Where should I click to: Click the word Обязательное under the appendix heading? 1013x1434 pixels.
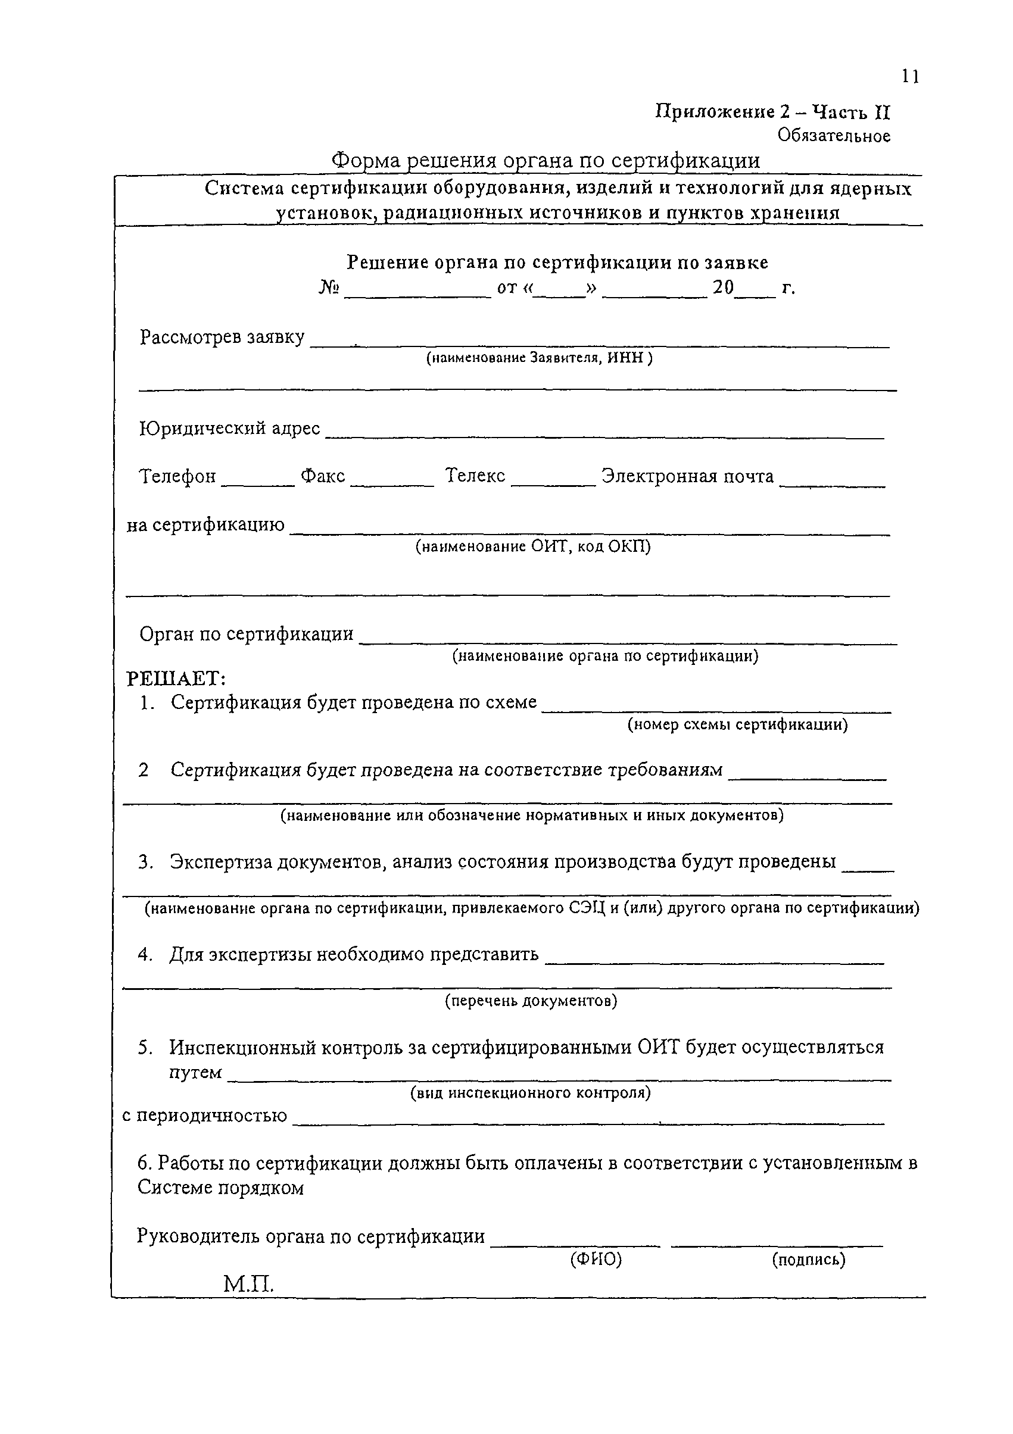[834, 136]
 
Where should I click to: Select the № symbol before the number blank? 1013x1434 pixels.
[329, 288]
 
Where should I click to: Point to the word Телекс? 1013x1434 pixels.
[475, 476]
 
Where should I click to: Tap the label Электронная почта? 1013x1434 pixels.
[687, 476]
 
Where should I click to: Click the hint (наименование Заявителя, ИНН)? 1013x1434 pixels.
[540, 358]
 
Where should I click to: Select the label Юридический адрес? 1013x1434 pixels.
[229, 429]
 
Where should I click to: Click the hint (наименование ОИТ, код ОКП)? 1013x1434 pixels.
[533, 546]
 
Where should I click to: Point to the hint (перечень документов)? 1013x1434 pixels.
[531, 1001]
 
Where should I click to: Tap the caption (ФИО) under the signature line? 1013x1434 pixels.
[596, 1259]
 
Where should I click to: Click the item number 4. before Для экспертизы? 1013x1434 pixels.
[145, 955]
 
